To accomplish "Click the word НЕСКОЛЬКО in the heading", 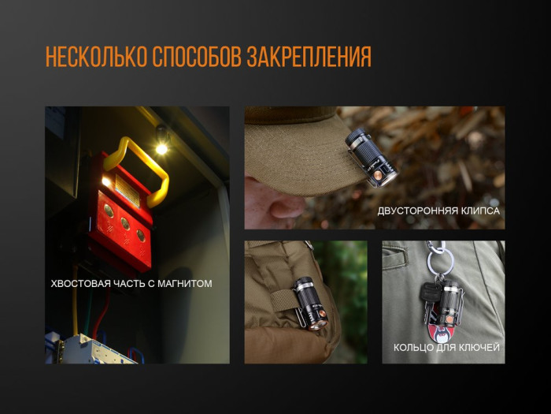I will (x=95, y=58).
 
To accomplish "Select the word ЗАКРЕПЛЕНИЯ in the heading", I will (x=309, y=58).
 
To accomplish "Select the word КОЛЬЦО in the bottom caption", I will (x=413, y=347).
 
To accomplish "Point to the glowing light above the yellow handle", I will (x=161, y=148).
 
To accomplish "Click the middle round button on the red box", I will (x=125, y=222).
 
